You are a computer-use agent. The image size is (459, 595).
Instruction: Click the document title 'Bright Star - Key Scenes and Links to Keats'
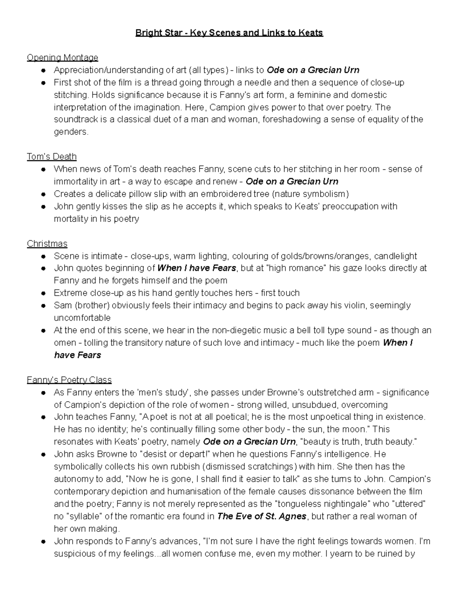click(x=229, y=33)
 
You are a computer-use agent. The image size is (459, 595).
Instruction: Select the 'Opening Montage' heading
click(x=62, y=58)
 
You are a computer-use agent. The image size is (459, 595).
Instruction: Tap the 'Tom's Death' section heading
click(x=52, y=157)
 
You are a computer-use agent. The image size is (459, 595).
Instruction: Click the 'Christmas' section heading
click(x=47, y=244)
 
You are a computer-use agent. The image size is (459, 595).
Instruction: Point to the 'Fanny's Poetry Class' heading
click(x=69, y=380)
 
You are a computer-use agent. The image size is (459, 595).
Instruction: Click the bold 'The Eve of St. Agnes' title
click(x=262, y=516)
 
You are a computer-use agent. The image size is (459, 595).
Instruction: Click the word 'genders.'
click(x=71, y=132)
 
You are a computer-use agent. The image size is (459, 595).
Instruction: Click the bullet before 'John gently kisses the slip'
click(x=44, y=207)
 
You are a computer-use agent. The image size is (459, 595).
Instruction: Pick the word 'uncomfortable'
click(x=82, y=318)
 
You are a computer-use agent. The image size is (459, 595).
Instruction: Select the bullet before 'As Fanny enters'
click(x=44, y=393)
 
